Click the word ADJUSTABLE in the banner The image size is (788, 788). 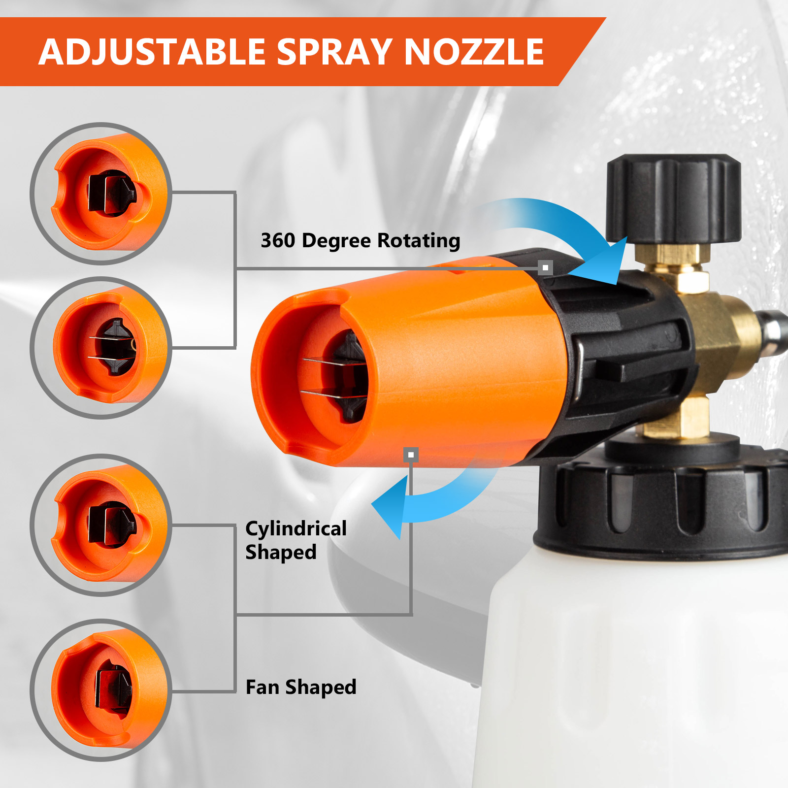point(152,52)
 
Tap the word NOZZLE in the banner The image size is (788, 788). point(474,52)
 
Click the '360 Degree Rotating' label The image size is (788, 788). point(360,240)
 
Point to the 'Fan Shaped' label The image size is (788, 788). point(301,687)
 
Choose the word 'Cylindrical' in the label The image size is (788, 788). point(296,528)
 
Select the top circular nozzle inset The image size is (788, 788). point(101,194)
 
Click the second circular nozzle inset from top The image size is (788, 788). point(101,348)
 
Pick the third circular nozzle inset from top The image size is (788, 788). point(101,525)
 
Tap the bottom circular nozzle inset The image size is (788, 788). point(101,690)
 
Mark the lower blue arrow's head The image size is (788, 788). point(392,507)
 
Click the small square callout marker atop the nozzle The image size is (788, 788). point(545,267)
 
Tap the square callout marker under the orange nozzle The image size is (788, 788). point(411,455)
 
